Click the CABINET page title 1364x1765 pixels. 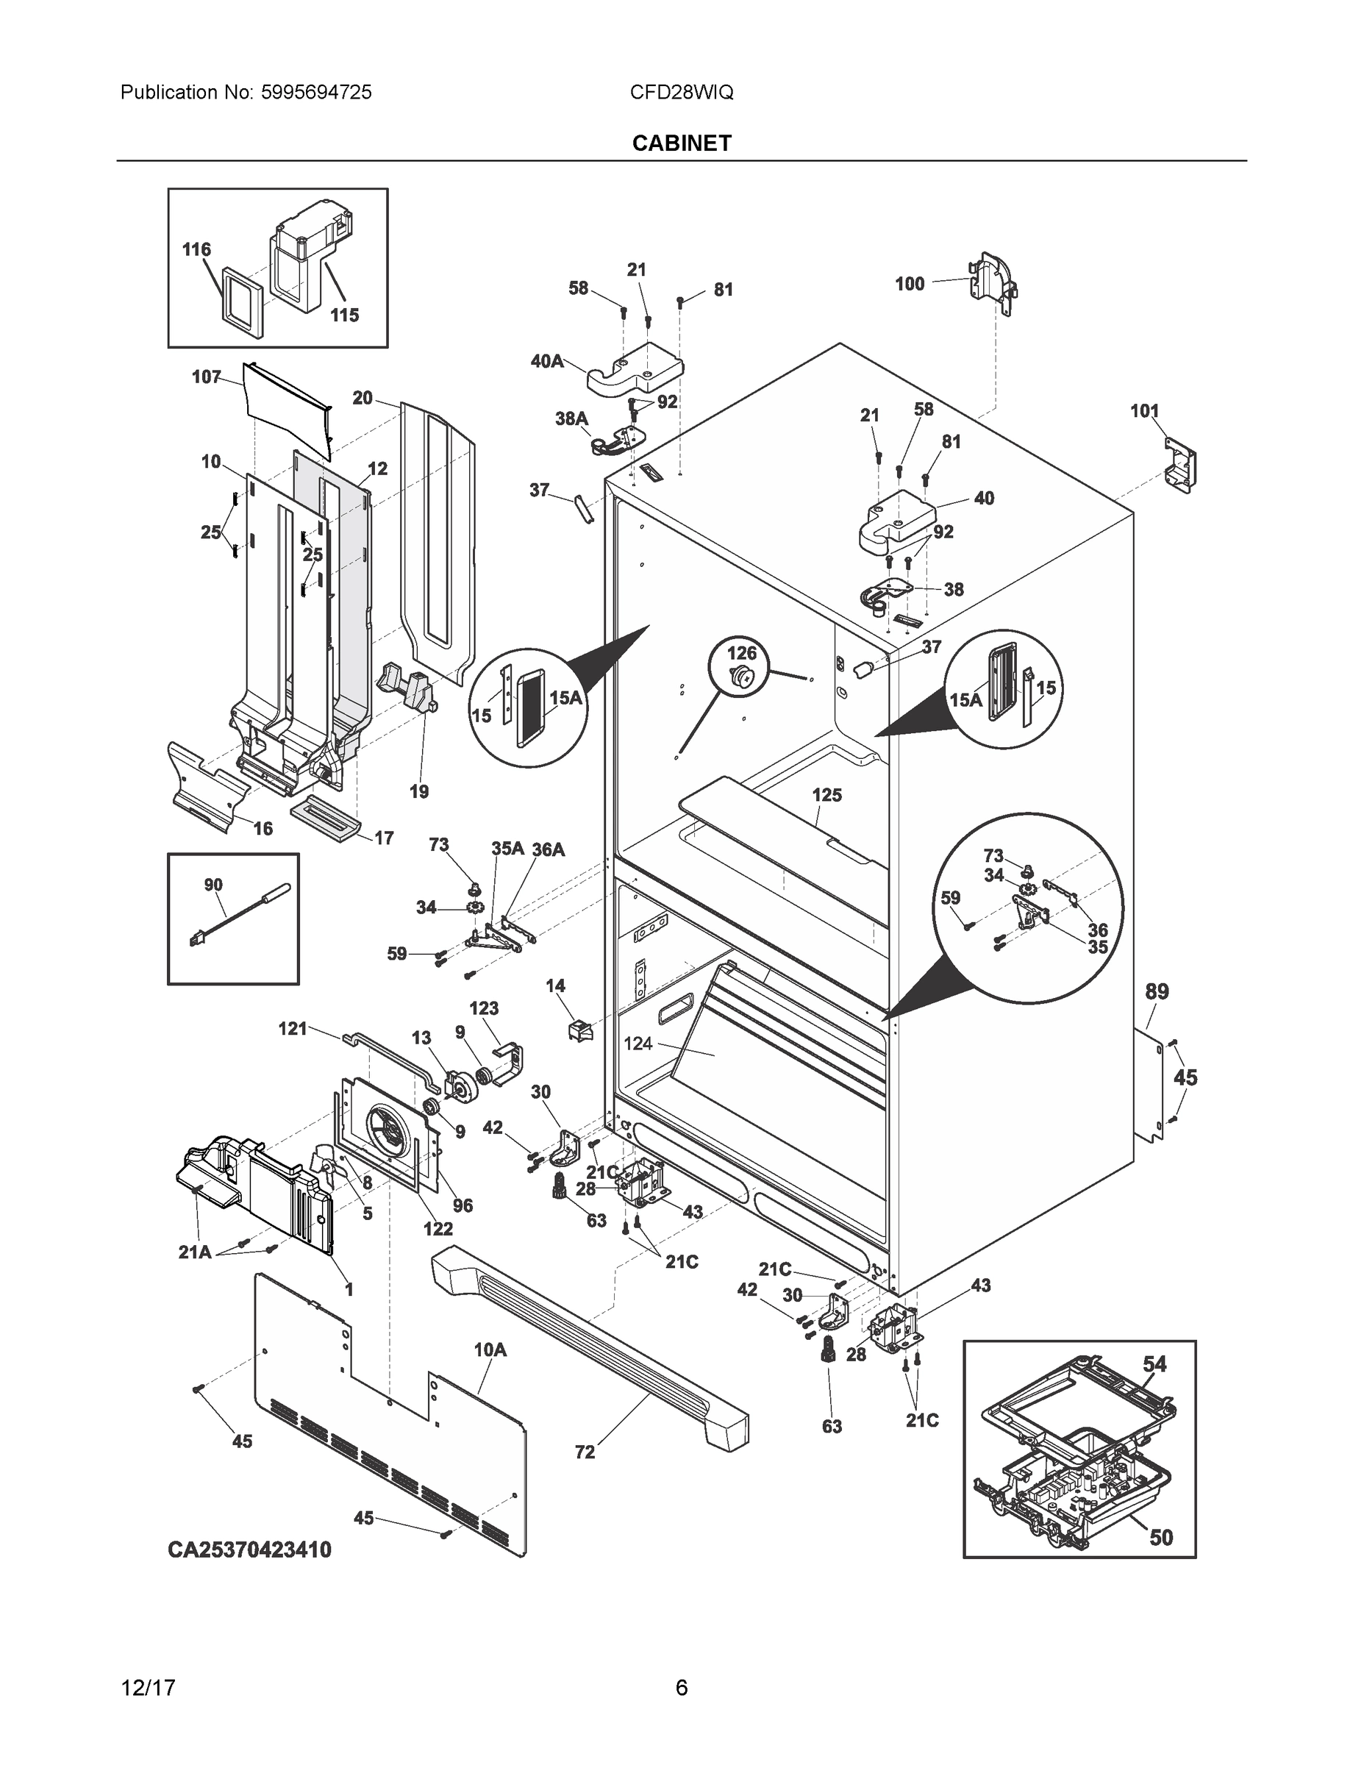click(681, 143)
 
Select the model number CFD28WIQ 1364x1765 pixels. click(681, 92)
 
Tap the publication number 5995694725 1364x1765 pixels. click(316, 92)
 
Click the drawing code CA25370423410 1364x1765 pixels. click(250, 1550)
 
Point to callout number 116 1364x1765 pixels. click(196, 250)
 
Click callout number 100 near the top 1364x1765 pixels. click(909, 284)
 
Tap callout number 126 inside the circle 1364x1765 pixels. click(742, 652)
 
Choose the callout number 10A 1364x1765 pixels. click(490, 1349)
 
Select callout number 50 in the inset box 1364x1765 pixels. click(1160, 1537)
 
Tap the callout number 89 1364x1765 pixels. click(1157, 991)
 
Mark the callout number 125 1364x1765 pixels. click(826, 795)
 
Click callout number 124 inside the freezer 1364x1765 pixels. click(638, 1044)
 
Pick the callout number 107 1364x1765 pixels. click(206, 377)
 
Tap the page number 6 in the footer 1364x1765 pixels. click(681, 1688)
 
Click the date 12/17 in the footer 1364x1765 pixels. click(148, 1688)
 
